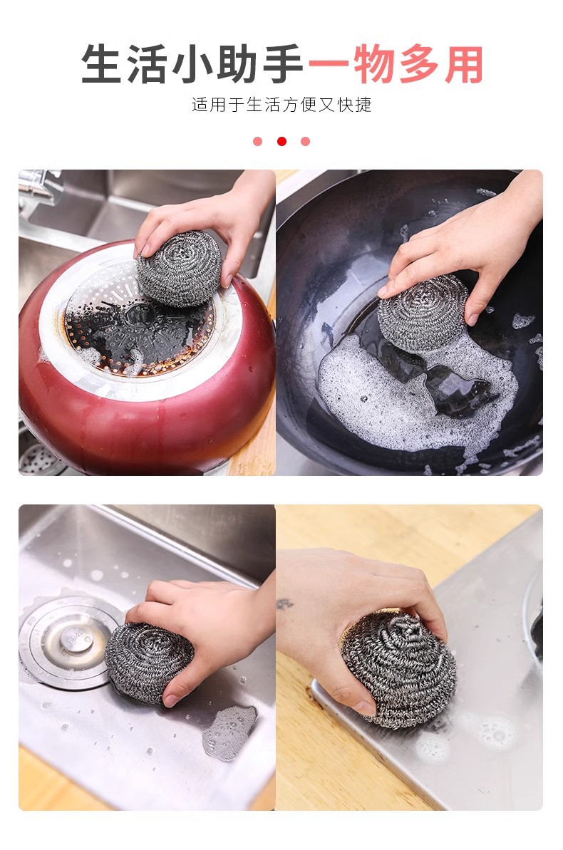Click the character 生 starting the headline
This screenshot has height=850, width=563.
(101, 64)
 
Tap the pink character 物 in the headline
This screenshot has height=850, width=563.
(374, 64)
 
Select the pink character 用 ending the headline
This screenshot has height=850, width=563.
(464, 64)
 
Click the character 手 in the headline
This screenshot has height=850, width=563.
(283, 64)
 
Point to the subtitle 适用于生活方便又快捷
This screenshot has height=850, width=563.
(281, 104)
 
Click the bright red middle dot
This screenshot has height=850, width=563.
(281, 142)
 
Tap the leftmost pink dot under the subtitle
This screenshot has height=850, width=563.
(258, 142)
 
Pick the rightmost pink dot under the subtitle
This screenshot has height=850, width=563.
(305, 142)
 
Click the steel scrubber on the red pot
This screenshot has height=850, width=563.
(180, 269)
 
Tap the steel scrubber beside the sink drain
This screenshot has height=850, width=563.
(149, 662)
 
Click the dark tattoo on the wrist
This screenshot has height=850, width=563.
(285, 603)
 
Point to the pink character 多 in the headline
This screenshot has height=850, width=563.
(419, 64)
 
